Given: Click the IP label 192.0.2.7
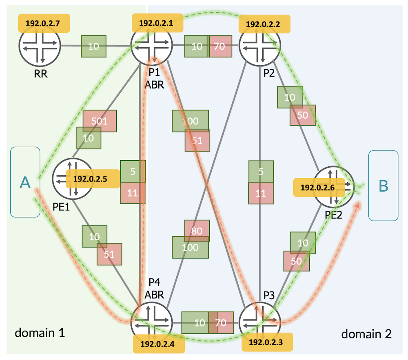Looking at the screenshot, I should pos(43,23).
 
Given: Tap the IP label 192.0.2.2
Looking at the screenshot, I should pos(264,24).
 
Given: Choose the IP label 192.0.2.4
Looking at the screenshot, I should pos(159,344).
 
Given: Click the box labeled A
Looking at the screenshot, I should pos(25,182).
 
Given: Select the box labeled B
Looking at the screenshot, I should pos(383,186).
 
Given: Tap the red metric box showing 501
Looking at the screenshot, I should pos(100,121).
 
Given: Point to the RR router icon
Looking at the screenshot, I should pos(40,46).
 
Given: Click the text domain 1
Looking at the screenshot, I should pos(40,333).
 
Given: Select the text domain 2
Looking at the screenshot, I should pos(366,334).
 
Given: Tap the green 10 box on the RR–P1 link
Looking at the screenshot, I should pos(93,46).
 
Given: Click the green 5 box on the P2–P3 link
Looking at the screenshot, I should pos(261,172).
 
